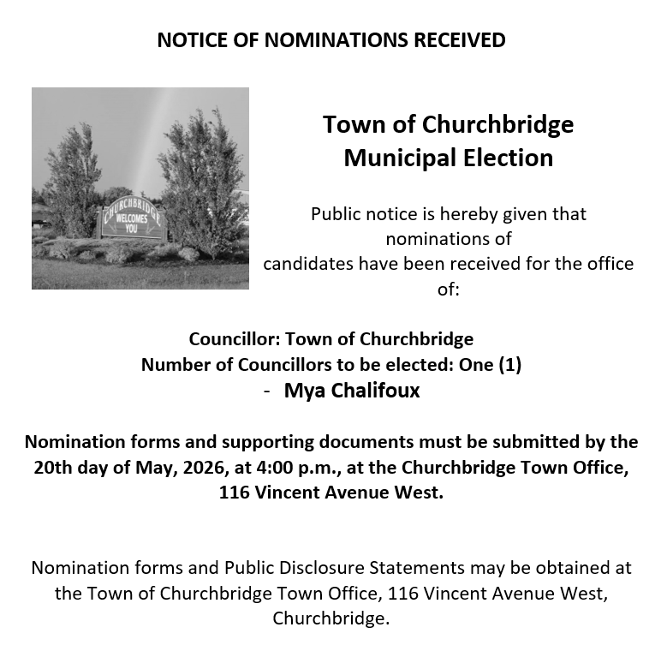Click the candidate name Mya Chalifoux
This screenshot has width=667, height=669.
pyautogui.click(x=352, y=391)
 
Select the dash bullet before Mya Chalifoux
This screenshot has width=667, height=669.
pyautogui.click(x=268, y=391)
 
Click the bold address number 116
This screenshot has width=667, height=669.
pyautogui.click(x=235, y=493)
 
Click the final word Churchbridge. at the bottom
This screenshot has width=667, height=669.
pyautogui.click(x=331, y=618)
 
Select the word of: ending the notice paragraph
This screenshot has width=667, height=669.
pyautogui.click(x=449, y=290)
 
